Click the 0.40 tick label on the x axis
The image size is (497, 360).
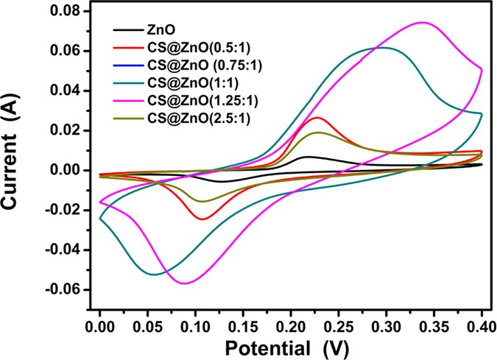pyautogui.click(x=482, y=322)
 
